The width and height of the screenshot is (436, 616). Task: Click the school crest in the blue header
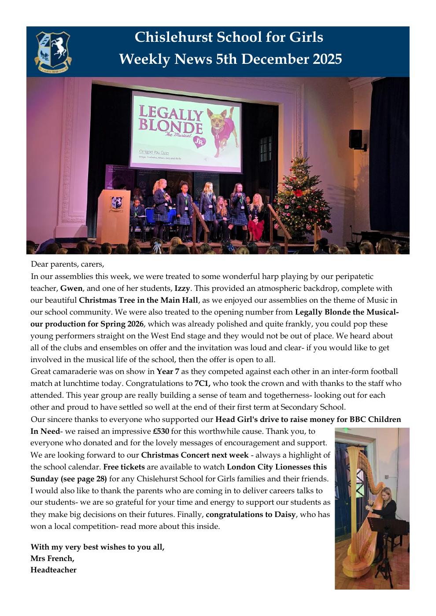pos(53,51)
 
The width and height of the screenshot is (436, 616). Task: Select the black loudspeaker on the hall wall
pos(355,139)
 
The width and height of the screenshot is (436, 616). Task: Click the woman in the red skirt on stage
pos(256,216)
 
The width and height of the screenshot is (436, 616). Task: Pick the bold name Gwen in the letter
pos(71,289)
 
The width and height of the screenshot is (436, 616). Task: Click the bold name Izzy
pos(182,289)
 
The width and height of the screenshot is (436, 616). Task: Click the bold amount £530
pos(161,431)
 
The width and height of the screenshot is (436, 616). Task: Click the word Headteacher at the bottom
pos(53,570)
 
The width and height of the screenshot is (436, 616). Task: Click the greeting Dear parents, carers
pos(67,265)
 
